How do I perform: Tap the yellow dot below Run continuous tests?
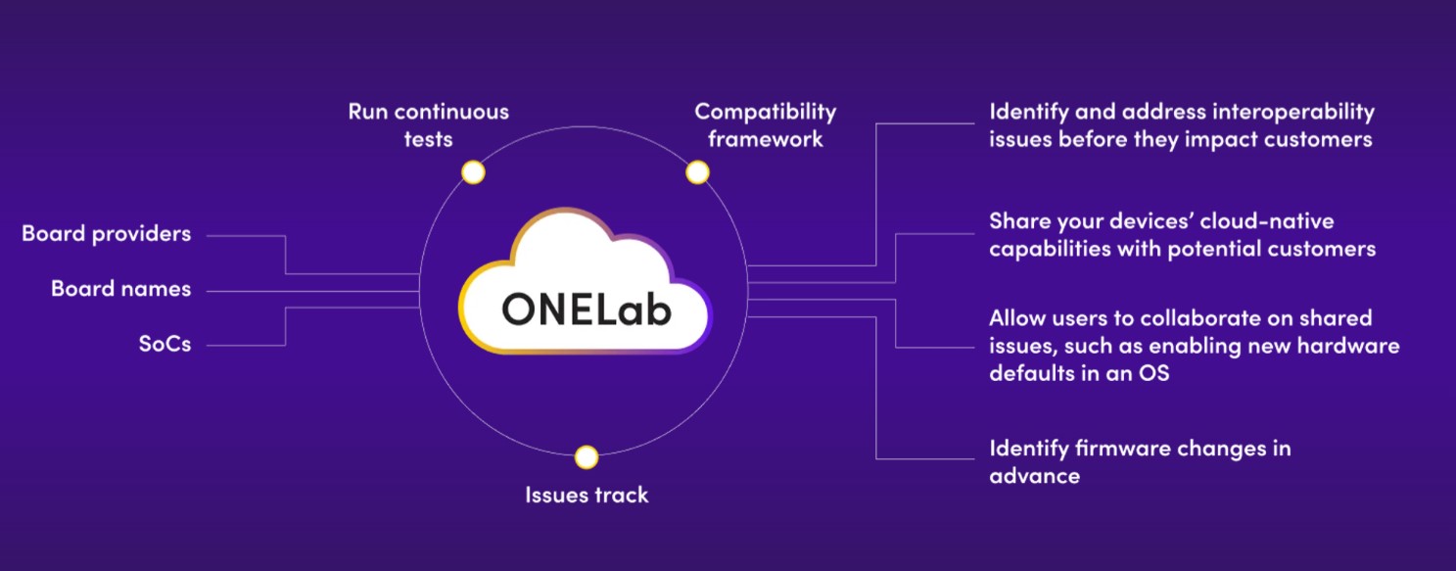click(x=473, y=173)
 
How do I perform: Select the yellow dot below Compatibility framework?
click(x=697, y=173)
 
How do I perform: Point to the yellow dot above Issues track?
click(x=587, y=457)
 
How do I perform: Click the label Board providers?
click(x=106, y=234)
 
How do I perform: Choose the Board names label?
click(x=120, y=290)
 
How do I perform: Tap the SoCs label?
click(x=164, y=345)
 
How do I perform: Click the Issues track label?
click(x=587, y=496)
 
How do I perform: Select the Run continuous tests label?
click(x=429, y=124)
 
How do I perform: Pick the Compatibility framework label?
click(x=766, y=124)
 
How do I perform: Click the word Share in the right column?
click(x=1017, y=221)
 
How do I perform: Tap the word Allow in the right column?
click(x=1016, y=318)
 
